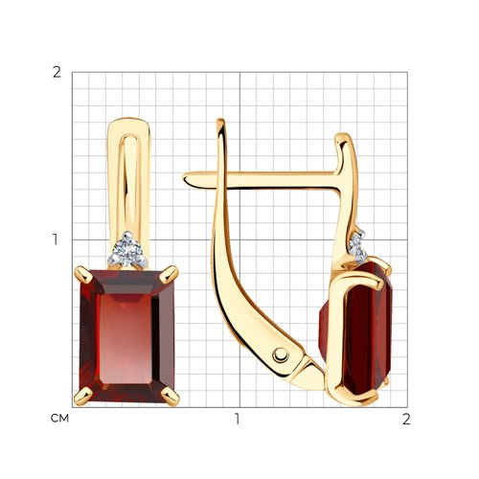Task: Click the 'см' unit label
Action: coord(59,419)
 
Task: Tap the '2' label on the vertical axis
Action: coord(57,73)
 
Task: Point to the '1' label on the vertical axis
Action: coord(56,239)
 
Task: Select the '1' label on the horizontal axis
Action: coord(237,419)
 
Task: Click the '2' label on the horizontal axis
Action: coord(406,419)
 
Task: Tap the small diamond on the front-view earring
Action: coord(128,250)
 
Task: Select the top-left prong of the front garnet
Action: coord(82,275)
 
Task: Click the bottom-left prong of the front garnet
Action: coord(82,397)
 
